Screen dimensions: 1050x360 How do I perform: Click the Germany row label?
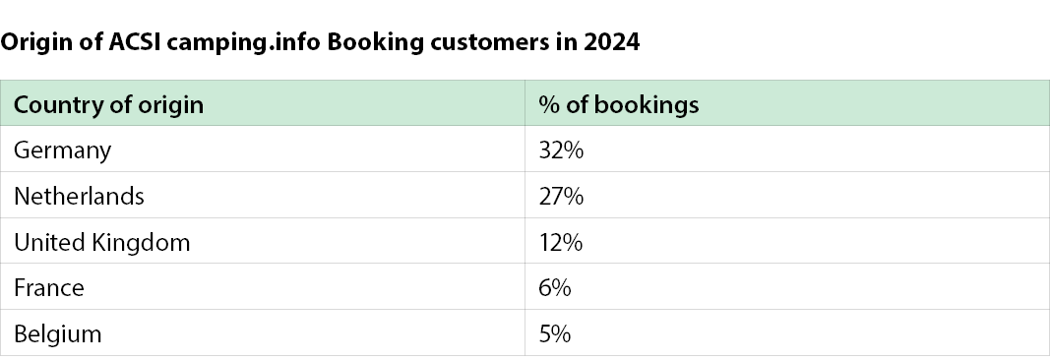[62, 150]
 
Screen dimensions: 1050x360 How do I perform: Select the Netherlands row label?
[79, 196]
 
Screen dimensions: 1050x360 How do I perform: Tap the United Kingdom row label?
[101, 242]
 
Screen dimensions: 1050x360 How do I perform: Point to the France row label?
[49, 288]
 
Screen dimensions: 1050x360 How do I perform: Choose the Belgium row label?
[58, 333]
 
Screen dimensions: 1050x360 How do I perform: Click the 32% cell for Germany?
[561, 150]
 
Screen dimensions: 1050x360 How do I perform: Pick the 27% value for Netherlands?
[561, 196]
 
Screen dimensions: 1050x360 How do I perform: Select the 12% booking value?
[561, 242]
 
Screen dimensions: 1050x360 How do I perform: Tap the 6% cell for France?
[555, 288]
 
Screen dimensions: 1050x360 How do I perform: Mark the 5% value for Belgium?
[555, 333]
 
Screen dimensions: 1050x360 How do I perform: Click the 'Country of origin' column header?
[108, 105]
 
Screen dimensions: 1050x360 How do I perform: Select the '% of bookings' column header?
[619, 104]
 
